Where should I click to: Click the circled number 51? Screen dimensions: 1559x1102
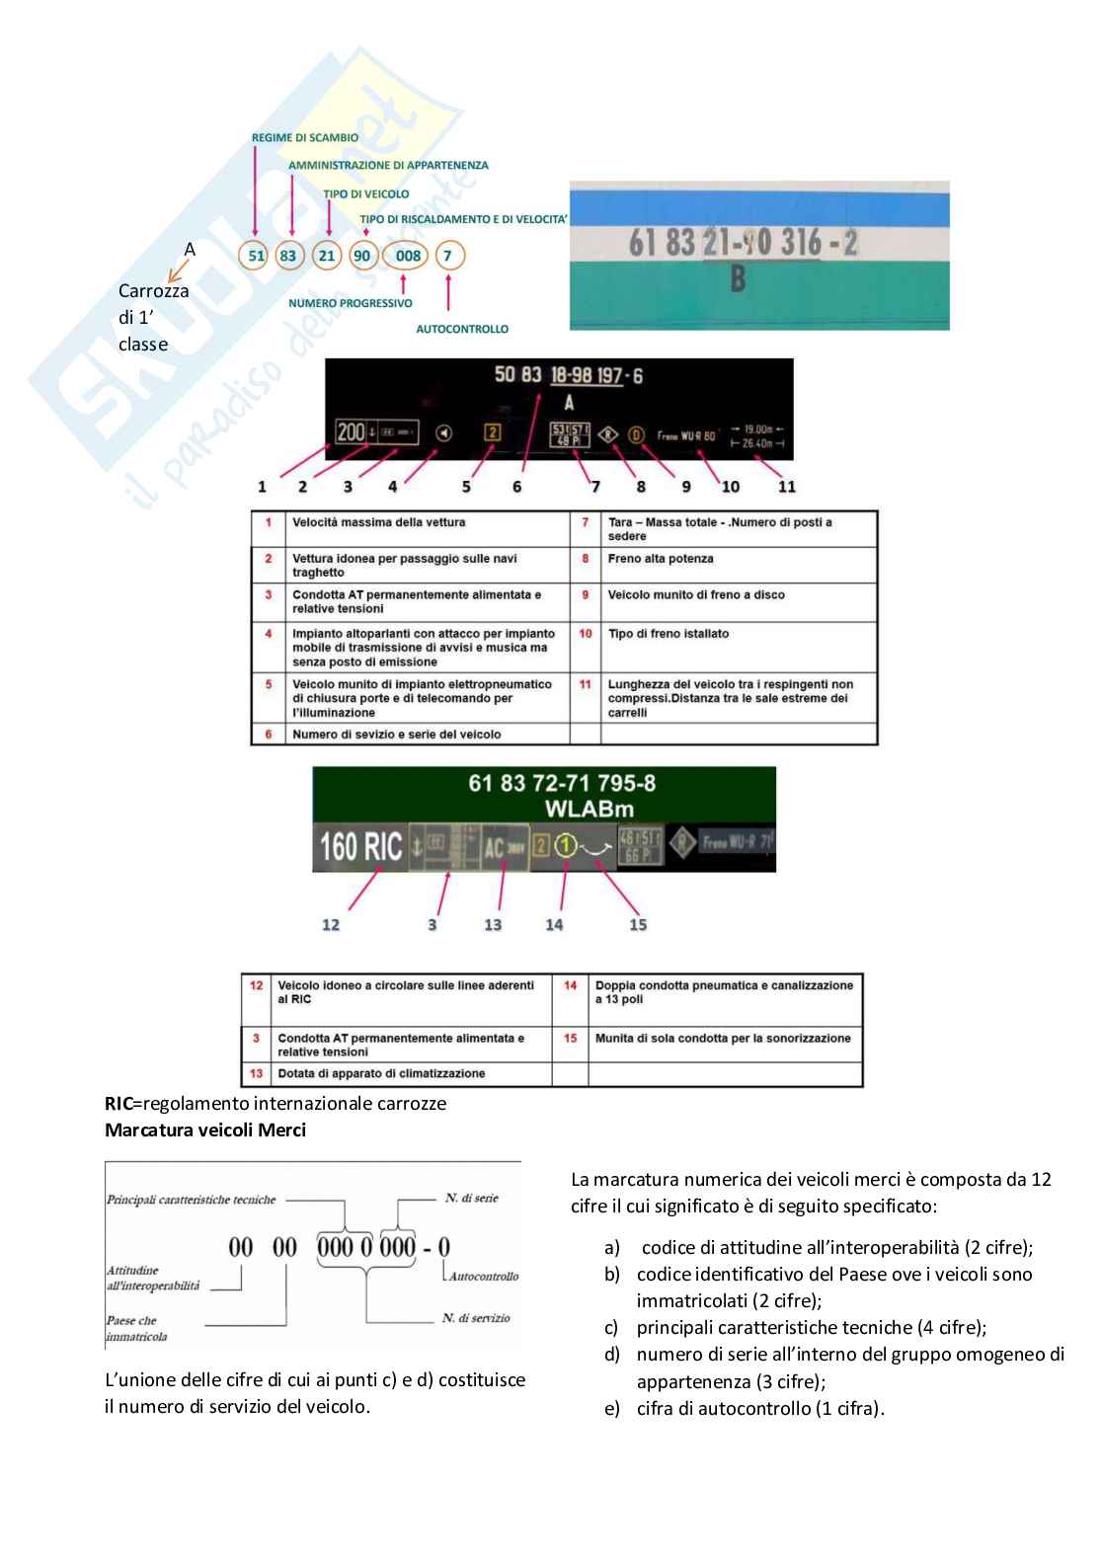click(257, 256)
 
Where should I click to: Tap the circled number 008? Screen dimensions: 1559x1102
click(408, 256)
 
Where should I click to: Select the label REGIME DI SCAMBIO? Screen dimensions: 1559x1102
click(305, 138)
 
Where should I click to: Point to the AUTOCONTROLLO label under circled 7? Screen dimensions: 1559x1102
click(462, 329)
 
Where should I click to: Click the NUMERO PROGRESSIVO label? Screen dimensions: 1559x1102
click(350, 303)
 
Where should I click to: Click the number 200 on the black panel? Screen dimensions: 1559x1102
click(351, 431)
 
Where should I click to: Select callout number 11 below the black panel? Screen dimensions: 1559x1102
click(786, 487)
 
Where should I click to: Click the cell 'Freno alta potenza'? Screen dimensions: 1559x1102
click(661, 559)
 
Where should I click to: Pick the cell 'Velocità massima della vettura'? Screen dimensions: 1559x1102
click(378, 522)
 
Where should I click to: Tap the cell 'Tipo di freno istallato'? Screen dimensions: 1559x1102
click(669, 634)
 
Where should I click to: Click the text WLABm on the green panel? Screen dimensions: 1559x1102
click(589, 809)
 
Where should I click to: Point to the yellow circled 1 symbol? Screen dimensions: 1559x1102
click(565, 846)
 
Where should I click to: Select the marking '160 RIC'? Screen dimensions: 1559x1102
click(360, 847)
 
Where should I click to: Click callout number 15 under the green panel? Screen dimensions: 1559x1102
click(638, 925)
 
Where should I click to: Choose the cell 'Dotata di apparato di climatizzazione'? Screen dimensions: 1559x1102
click(381, 1073)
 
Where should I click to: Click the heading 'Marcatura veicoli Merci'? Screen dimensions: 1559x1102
click(205, 1130)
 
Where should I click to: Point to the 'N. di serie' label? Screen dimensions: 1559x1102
click(471, 1199)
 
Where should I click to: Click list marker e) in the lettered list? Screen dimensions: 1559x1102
click(612, 1409)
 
